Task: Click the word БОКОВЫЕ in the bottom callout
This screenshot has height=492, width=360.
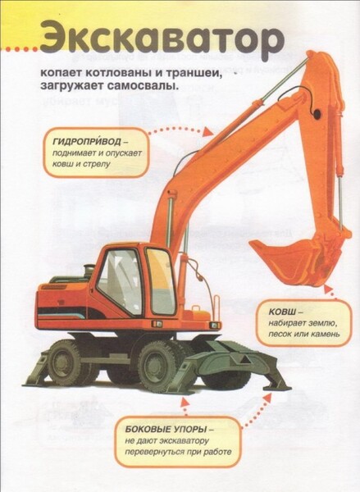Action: pyautogui.click(x=147, y=429)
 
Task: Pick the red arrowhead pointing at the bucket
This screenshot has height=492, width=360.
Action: pyautogui.click(x=329, y=289)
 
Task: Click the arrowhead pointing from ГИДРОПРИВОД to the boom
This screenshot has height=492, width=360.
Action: pyautogui.click(x=207, y=132)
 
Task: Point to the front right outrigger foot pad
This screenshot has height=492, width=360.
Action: pyautogui.click(x=277, y=389)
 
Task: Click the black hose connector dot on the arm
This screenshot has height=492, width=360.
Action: pyautogui.click(x=317, y=113)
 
